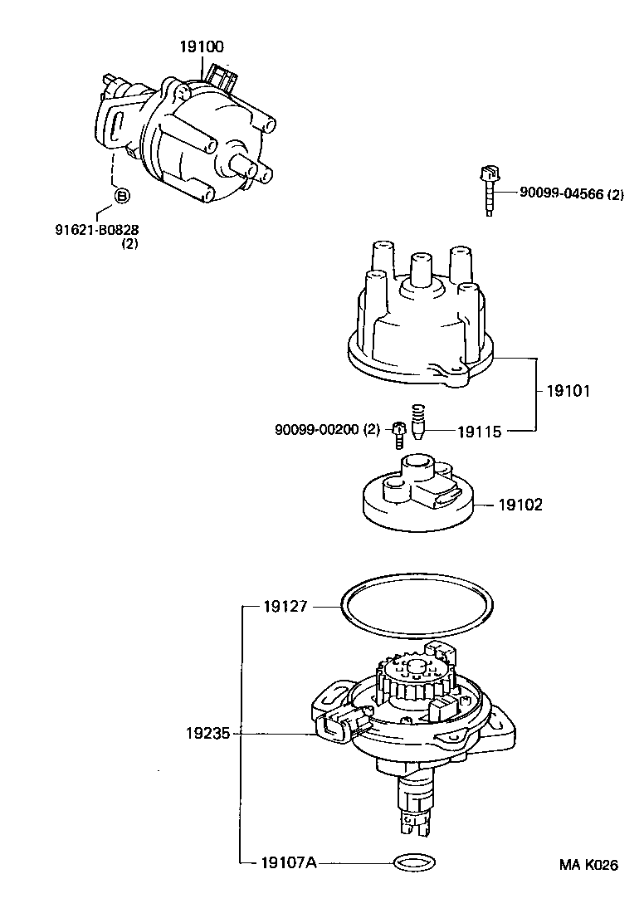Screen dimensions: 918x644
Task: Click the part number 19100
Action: coord(202,46)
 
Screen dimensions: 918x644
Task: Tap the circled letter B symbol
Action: coord(121,196)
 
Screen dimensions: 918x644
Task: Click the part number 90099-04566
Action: coord(560,193)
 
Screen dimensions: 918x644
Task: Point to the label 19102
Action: coord(520,504)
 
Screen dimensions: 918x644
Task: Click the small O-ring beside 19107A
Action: coord(412,862)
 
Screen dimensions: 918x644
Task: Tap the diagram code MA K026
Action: coord(588,865)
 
